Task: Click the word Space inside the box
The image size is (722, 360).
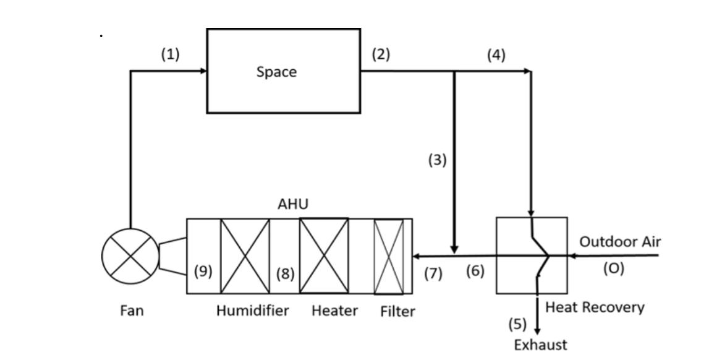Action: click(x=276, y=72)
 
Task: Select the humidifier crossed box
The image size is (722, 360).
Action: click(x=245, y=256)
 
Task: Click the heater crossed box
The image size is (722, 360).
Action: click(x=324, y=255)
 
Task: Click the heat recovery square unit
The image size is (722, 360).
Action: click(x=532, y=255)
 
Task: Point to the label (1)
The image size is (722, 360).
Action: click(x=170, y=54)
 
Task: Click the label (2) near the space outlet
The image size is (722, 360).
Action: click(x=381, y=54)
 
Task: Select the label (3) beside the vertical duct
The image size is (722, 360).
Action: click(x=437, y=160)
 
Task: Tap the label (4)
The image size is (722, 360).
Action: click(x=496, y=55)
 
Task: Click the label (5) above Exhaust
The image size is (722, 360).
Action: click(x=517, y=324)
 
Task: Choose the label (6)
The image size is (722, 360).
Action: click(x=475, y=271)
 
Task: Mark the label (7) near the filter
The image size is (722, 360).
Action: click(x=433, y=273)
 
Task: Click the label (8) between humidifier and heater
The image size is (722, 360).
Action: click(x=284, y=273)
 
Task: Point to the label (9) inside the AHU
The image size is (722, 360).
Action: click(x=203, y=271)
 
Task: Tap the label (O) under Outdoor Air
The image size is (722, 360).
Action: click(x=613, y=268)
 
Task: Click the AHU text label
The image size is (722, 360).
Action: click(x=292, y=204)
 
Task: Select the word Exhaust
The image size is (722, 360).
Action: click(x=540, y=345)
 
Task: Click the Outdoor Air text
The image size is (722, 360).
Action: click(x=619, y=242)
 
